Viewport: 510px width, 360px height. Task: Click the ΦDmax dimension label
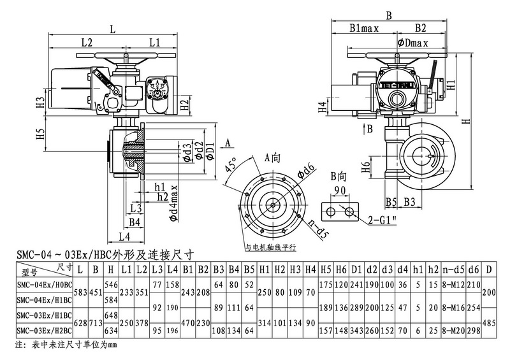tap(412, 43)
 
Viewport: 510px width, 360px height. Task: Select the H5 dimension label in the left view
tap(40, 134)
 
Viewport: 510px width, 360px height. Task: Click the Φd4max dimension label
tap(173, 203)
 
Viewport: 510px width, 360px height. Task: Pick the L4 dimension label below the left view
tap(125, 236)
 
